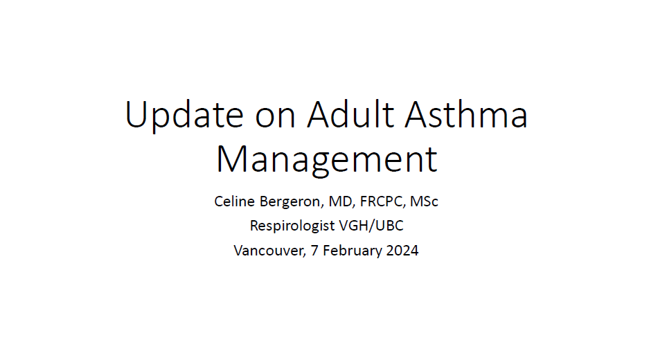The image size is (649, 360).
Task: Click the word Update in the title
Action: pos(184,116)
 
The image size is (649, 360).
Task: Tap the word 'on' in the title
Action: pos(275,118)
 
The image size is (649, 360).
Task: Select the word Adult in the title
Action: pos(350,114)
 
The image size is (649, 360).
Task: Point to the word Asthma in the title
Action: pos(466,114)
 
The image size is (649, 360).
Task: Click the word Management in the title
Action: pos(326,160)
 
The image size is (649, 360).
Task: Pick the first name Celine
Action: pos(234,201)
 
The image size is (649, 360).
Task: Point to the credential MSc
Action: pos(424,201)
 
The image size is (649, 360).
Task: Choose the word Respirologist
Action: pos(292,226)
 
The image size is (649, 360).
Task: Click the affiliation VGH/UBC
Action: pos(371,226)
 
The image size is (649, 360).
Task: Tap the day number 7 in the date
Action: pos(314,251)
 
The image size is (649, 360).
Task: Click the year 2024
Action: pos(402,251)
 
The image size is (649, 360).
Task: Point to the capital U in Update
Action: pos(136,114)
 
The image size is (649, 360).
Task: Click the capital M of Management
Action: pos(231,159)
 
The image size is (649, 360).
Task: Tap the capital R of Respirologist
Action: pos(255,226)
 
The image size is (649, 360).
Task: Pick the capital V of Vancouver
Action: pos(239,251)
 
